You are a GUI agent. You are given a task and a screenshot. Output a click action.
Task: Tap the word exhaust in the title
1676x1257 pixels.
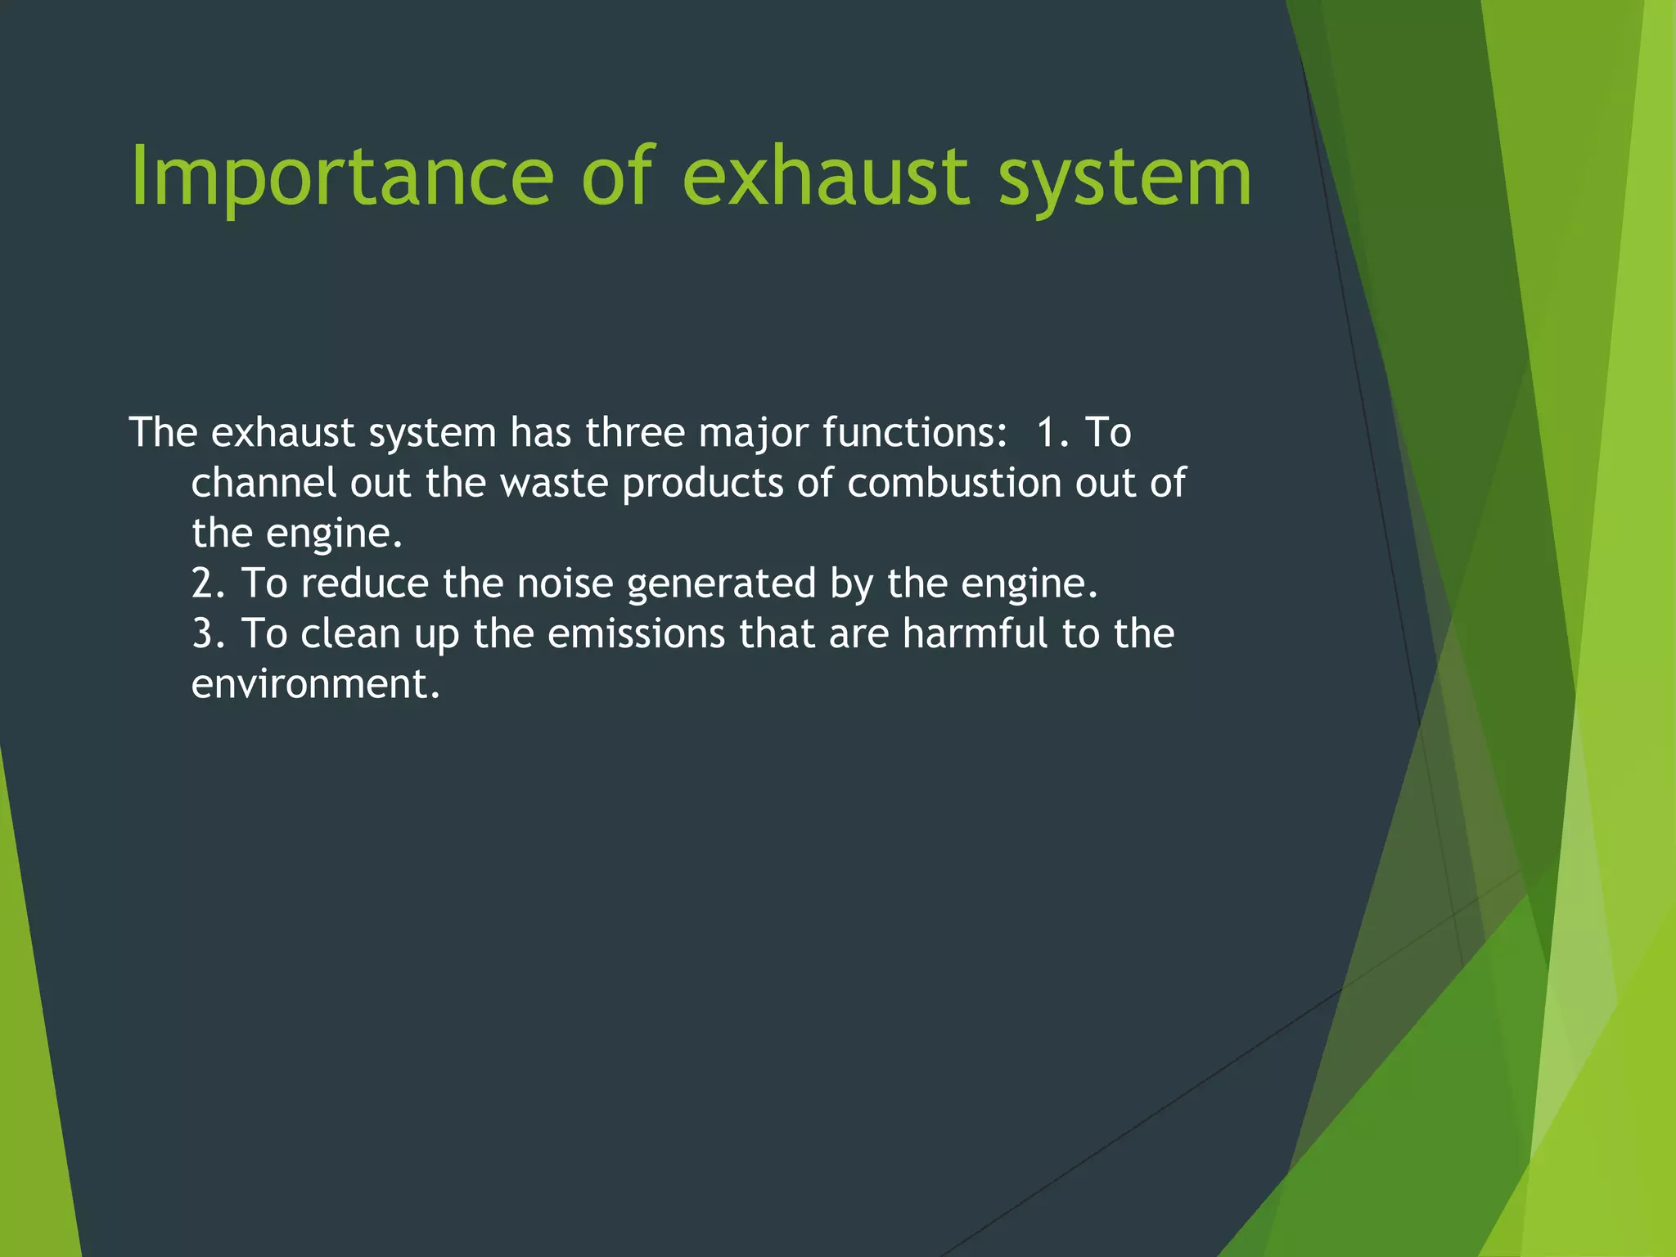pyautogui.click(x=827, y=177)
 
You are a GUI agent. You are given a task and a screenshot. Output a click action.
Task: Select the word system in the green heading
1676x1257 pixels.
pyautogui.click(x=1125, y=177)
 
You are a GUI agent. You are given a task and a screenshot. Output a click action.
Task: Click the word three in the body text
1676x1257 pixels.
pyautogui.click(x=635, y=433)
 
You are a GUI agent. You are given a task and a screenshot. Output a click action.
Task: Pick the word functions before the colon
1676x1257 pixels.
pyautogui.click(x=912, y=433)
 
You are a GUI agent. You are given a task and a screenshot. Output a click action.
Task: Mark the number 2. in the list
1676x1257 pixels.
pyautogui.click(x=209, y=583)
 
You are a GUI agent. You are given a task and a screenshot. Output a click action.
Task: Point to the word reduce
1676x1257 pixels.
pyautogui.click(x=364, y=583)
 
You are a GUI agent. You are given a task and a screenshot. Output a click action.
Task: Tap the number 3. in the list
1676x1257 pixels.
pyautogui.click(x=209, y=634)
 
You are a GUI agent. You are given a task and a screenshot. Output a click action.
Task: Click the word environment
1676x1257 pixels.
pyautogui.click(x=315, y=684)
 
